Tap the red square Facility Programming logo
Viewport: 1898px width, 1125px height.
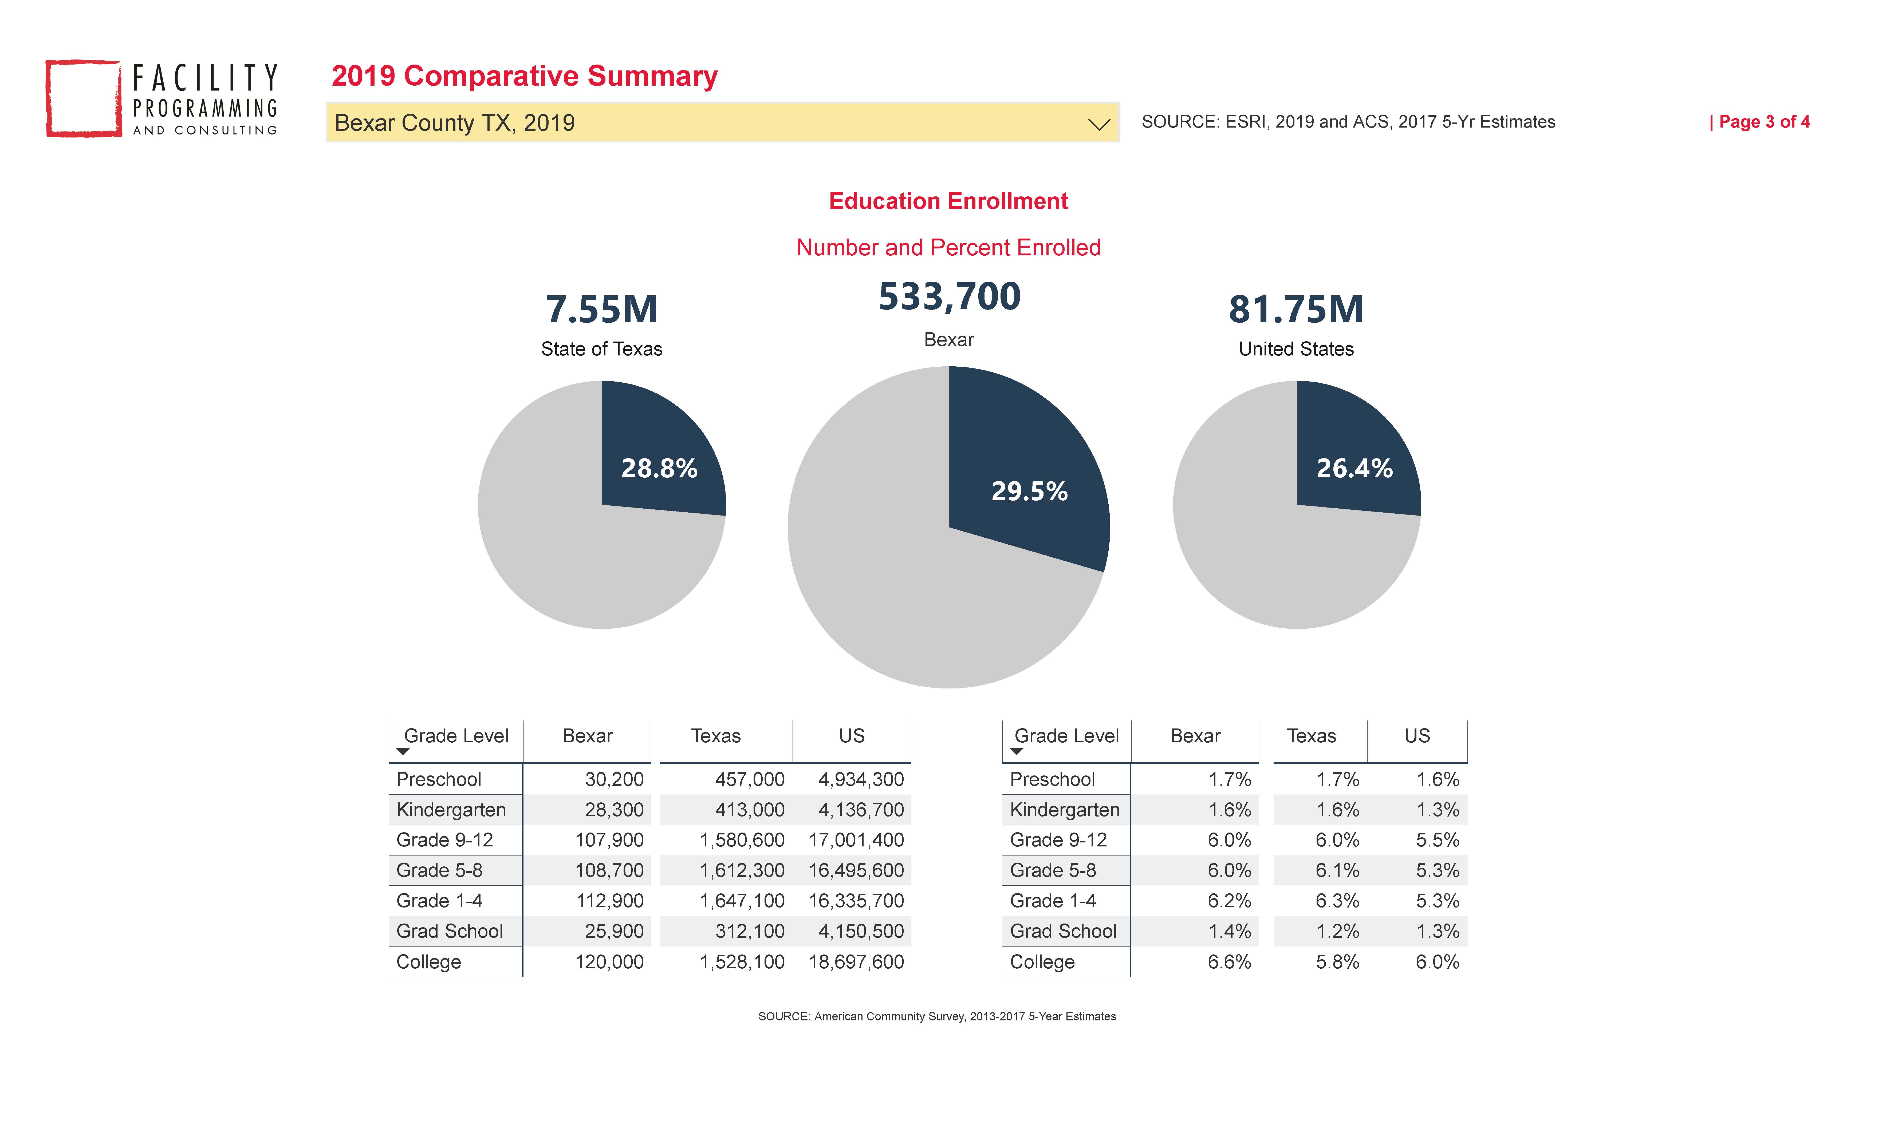tap(83, 98)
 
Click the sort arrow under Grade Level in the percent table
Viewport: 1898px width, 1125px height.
tap(1017, 751)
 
